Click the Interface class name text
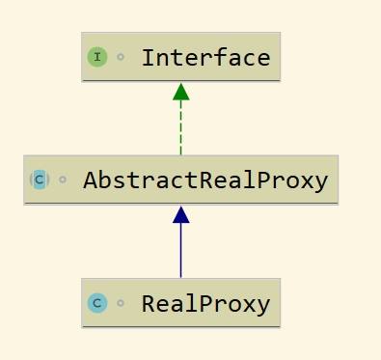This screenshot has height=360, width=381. click(x=206, y=58)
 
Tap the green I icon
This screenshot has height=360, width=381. click(x=97, y=57)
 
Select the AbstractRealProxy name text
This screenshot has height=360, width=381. click(x=205, y=180)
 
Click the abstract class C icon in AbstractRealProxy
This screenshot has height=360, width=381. click(x=40, y=180)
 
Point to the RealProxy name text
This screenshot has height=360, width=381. click(x=206, y=303)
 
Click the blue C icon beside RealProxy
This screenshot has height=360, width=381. click(x=97, y=303)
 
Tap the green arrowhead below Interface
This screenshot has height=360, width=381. click(x=181, y=92)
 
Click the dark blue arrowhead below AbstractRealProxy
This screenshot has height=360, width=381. click(x=181, y=214)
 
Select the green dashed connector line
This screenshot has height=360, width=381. click(x=181, y=127)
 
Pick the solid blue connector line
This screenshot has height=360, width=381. click(x=181, y=250)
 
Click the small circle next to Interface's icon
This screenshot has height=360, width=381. click(x=121, y=57)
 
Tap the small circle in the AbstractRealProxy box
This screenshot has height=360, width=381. click(x=63, y=180)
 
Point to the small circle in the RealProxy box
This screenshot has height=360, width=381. click(x=121, y=303)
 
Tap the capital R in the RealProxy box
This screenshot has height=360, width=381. click(x=150, y=303)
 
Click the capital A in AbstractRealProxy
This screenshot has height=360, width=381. click(x=91, y=180)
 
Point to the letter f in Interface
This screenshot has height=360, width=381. click(x=221, y=57)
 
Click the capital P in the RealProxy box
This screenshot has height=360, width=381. click(x=207, y=303)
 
